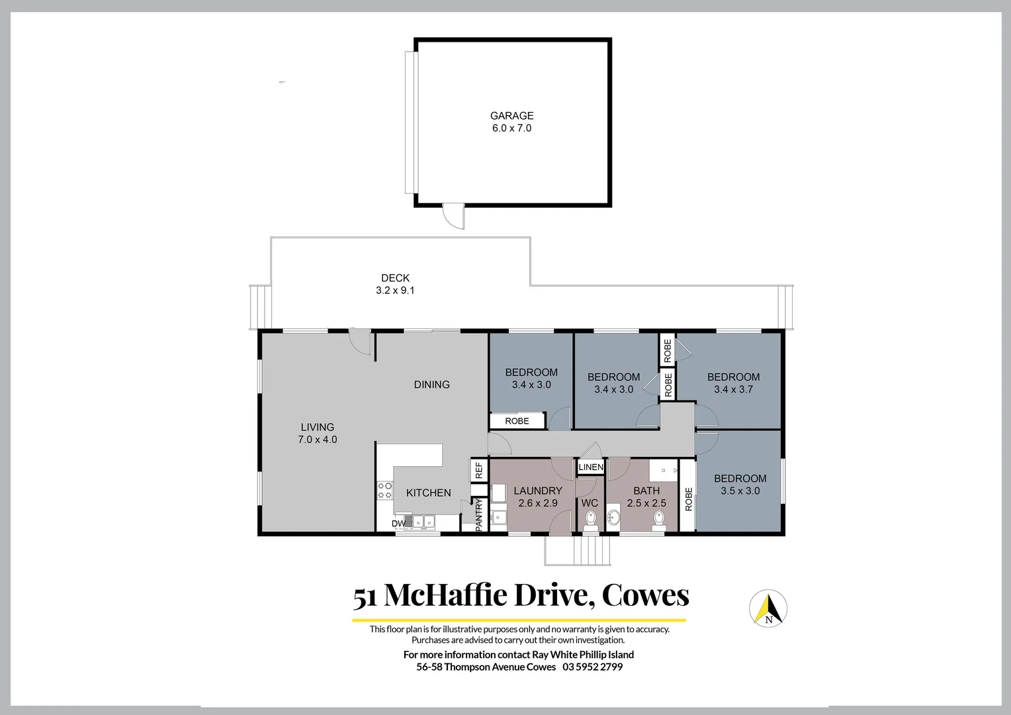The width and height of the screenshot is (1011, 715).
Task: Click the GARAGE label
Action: [511, 116]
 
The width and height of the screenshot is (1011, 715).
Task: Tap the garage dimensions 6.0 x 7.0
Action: [511, 128]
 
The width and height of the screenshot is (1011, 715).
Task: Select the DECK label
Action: [395, 278]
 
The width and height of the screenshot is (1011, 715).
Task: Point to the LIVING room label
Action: [318, 427]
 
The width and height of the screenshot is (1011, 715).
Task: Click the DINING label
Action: [431, 385]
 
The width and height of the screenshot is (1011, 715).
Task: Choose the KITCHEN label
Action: [428, 493]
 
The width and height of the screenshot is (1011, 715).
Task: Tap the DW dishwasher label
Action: [398, 524]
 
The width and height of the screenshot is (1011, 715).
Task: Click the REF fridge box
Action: [479, 471]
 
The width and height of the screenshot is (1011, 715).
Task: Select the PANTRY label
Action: [480, 514]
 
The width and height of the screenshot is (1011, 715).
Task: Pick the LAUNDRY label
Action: [537, 491]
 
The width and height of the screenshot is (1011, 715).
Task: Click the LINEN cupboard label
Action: [591, 467]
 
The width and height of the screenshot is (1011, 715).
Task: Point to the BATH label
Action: [646, 491]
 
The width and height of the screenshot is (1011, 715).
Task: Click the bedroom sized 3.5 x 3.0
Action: [740, 485]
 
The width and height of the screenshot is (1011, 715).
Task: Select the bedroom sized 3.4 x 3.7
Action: [733, 383]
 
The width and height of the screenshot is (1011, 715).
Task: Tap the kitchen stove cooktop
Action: [384, 491]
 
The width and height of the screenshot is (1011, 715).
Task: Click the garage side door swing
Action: [453, 217]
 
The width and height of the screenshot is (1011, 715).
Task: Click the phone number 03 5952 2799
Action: [592, 667]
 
